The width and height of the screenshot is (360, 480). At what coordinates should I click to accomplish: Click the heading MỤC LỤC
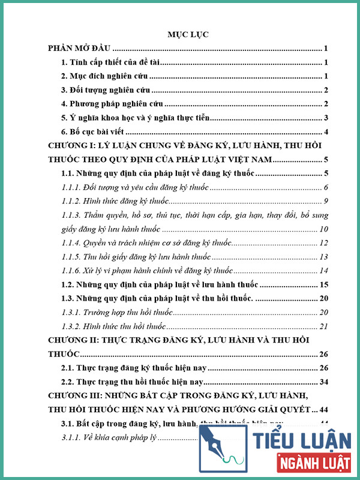188,34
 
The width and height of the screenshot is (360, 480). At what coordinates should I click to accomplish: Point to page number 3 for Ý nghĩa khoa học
325,118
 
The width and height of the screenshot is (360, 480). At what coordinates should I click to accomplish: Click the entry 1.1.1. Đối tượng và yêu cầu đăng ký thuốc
135,188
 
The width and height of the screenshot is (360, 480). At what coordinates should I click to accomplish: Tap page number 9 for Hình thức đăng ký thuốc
325,201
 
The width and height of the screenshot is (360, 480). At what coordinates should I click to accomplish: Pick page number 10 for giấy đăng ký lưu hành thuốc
323,229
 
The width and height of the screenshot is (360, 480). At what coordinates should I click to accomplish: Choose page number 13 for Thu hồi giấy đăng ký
323,257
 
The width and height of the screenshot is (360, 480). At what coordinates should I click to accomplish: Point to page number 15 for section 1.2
323,285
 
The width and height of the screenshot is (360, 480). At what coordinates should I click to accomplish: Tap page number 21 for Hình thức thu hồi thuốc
323,326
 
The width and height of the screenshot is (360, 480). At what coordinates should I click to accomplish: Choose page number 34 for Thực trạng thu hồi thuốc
323,382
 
